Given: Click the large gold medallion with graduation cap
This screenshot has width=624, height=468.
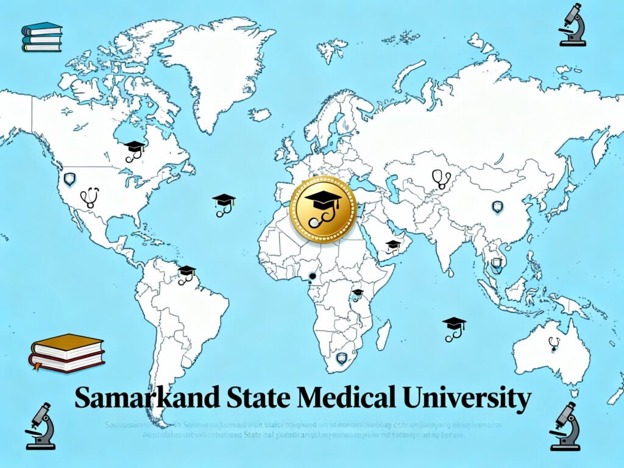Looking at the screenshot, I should coord(323,209).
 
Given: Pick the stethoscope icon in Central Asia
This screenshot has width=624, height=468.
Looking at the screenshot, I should coord(441,178).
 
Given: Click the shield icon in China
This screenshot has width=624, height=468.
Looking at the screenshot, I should coord(498,207).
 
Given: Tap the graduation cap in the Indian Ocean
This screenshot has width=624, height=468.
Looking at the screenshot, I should coord(453,327).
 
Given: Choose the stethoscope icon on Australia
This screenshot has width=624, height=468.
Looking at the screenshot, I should coord(553,344).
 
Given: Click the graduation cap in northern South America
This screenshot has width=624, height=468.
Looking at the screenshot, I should coord(186,274).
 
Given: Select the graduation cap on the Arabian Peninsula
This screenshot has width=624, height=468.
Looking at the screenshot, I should coord(393,246).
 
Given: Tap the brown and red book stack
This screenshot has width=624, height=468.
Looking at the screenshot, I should coord(67,353).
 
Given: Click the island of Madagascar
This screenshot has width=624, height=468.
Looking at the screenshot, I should coord(383,335).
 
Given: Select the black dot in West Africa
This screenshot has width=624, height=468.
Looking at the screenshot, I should coord(313,277).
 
